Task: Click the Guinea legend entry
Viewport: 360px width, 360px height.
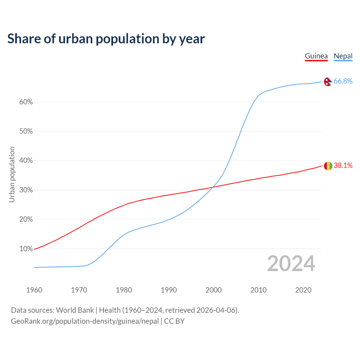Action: click(316, 56)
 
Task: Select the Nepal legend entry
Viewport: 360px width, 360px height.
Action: click(343, 56)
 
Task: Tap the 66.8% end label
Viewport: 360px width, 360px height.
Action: click(343, 81)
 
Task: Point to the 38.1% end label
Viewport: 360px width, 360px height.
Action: click(343, 165)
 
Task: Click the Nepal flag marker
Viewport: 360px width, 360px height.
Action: click(328, 82)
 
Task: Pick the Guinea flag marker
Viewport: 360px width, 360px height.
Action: click(328, 166)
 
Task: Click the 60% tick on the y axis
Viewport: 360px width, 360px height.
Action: click(26, 102)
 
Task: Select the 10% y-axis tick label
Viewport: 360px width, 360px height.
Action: click(26, 249)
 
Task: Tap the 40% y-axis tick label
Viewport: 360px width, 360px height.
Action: click(26, 161)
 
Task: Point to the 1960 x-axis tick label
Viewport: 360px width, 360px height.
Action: click(34, 290)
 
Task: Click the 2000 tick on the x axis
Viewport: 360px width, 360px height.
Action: click(213, 290)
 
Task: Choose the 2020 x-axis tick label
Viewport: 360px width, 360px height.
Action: click(303, 290)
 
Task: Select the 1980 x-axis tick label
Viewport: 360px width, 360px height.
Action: click(124, 290)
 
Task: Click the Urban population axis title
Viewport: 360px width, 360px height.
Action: click(12, 174)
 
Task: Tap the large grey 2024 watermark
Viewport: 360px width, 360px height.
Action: click(291, 264)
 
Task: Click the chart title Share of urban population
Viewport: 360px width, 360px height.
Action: click(106, 39)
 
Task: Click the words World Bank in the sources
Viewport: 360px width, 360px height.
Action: click(75, 310)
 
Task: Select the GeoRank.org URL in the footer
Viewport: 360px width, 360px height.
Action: click(85, 321)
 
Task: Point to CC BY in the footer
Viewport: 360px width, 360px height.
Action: click(174, 321)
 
